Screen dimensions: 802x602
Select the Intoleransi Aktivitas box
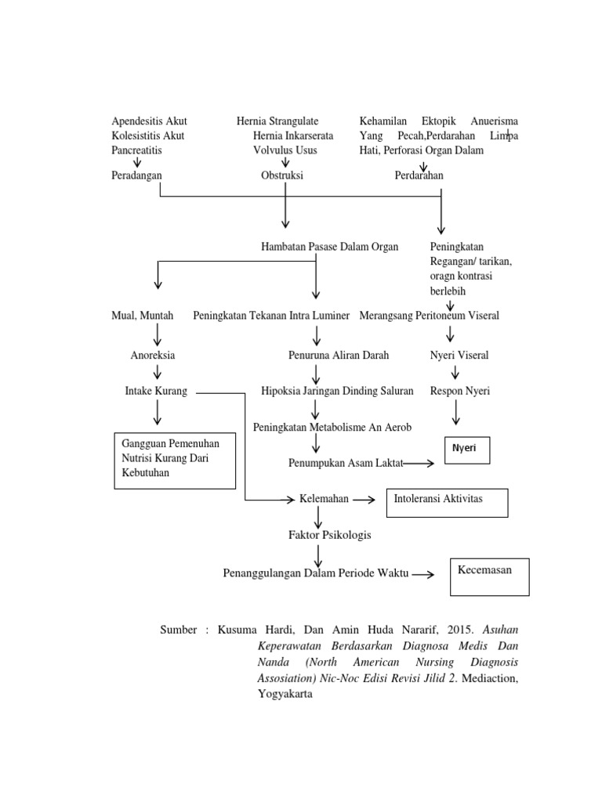pyautogui.click(x=446, y=502)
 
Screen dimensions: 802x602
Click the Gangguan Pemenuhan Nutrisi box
pyautogui.click(x=175, y=460)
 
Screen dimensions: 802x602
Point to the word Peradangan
pyautogui.click(x=136, y=175)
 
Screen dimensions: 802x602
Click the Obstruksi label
pyautogui.click(x=282, y=175)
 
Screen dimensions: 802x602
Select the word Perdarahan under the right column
pyautogui.click(x=419, y=175)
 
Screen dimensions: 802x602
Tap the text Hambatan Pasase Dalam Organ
pyautogui.click(x=329, y=247)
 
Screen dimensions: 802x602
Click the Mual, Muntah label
pyautogui.click(x=143, y=316)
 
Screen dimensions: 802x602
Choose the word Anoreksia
pyautogui.click(x=153, y=355)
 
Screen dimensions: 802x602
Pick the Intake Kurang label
pyautogui.click(x=156, y=391)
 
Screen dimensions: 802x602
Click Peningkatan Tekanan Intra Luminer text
pyautogui.click(x=271, y=316)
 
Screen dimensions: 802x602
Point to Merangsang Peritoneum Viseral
pyautogui.click(x=429, y=316)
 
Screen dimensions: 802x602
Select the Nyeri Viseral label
pyautogui.click(x=459, y=355)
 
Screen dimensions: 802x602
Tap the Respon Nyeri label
pyautogui.click(x=460, y=391)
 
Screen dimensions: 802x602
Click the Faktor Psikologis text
pyautogui.click(x=330, y=535)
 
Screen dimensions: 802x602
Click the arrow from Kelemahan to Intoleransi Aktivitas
pyautogui.click(x=363, y=499)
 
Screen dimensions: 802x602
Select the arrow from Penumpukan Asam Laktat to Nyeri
pyautogui.click(x=419, y=464)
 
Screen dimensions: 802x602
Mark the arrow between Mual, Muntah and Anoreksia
pyautogui.click(x=158, y=334)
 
